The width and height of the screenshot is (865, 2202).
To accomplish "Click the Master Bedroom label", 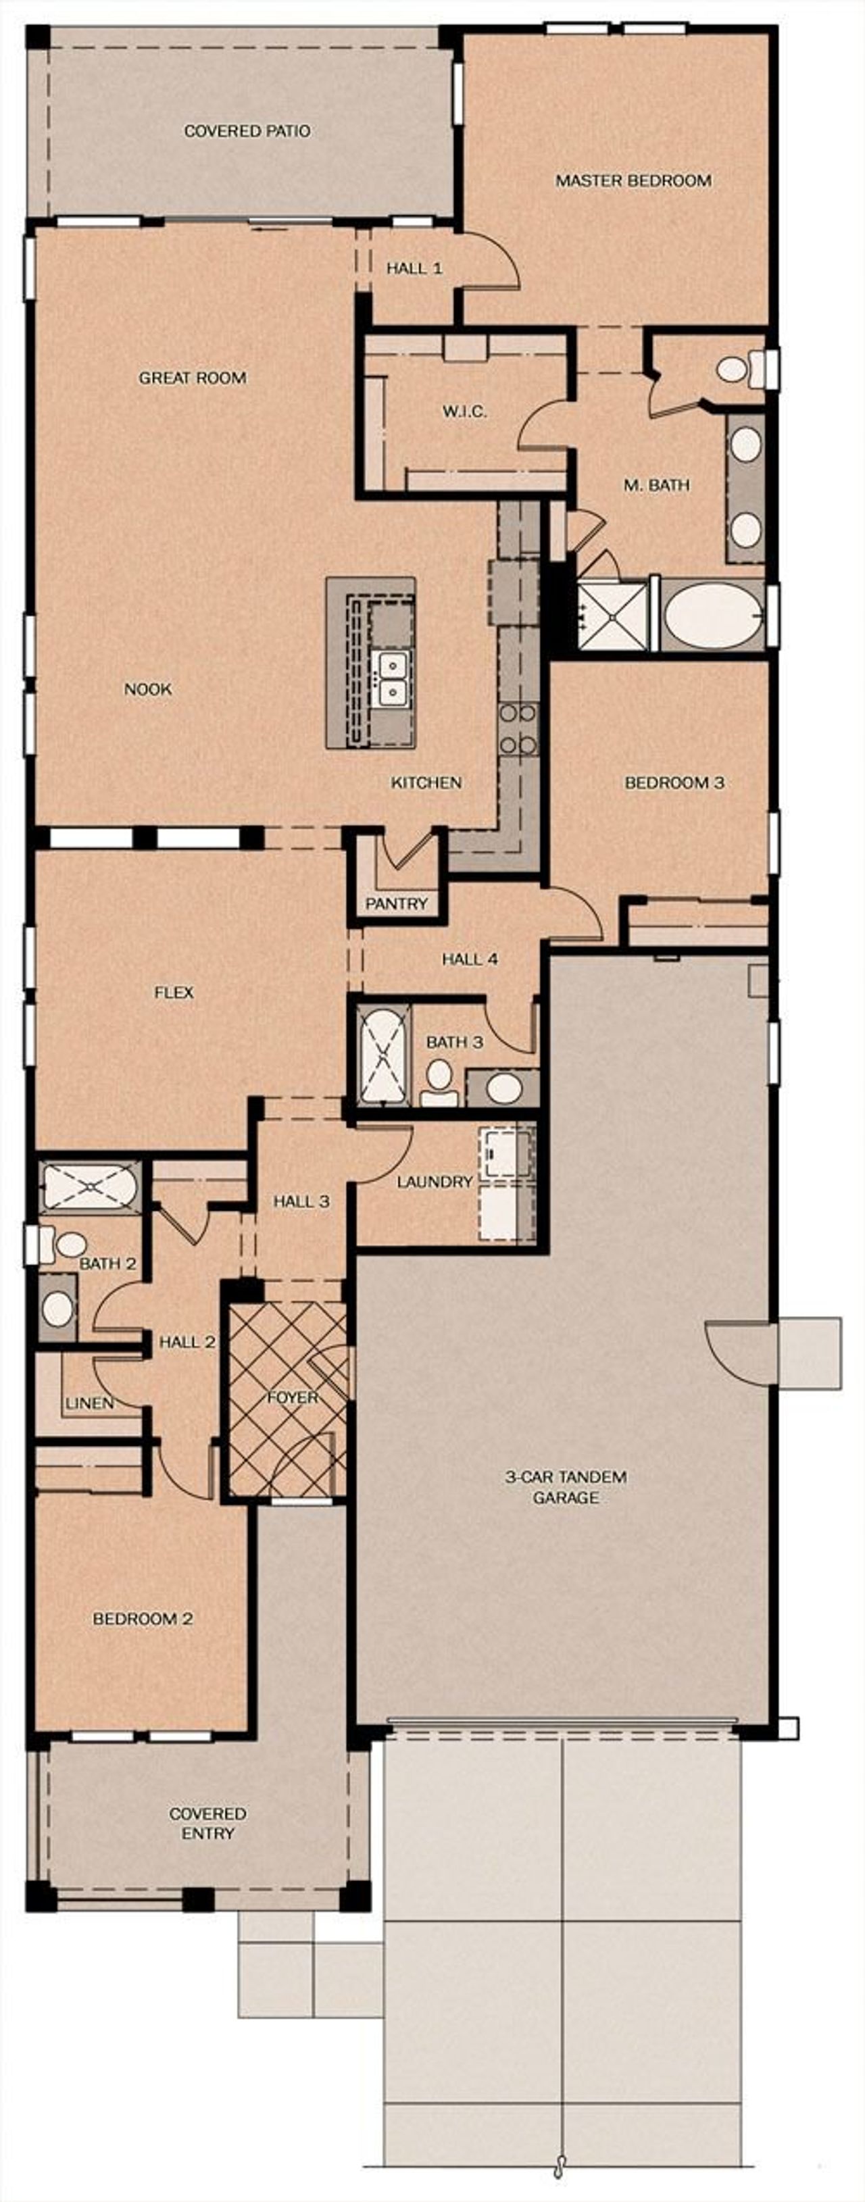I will pyautogui.click(x=633, y=180).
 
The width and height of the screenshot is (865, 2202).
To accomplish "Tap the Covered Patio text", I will pyautogui.click(x=247, y=131).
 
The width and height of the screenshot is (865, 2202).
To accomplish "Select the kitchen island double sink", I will pyautogui.click(x=393, y=676).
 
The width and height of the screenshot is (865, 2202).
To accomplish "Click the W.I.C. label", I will pyautogui.click(x=464, y=411).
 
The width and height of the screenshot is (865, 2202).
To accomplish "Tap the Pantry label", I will pyautogui.click(x=396, y=903).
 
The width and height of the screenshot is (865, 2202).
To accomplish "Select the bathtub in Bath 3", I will pyautogui.click(x=381, y=1055).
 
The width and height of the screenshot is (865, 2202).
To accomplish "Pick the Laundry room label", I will pyautogui.click(x=435, y=1181).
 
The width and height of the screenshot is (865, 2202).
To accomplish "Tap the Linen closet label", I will pyautogui.click(x=89, y=1403).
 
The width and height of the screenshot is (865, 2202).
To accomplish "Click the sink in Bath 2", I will pyautogui.click(x=57, y=1309).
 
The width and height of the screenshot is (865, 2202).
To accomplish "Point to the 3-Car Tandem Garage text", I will pyautogui.click(x=565, y=1486).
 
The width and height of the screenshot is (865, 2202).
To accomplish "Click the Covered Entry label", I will pyautogui.click(x=207, y=1824).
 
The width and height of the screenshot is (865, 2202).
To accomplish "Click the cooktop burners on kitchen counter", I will pyautogui.click(x=518, y=728).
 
